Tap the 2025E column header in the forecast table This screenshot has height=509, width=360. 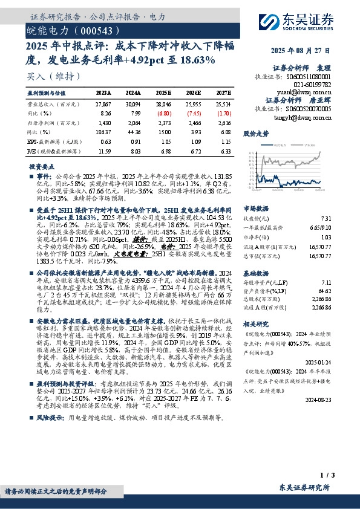point(163,93)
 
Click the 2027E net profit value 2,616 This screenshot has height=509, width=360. point(224,123)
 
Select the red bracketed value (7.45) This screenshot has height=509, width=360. point(194,113)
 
